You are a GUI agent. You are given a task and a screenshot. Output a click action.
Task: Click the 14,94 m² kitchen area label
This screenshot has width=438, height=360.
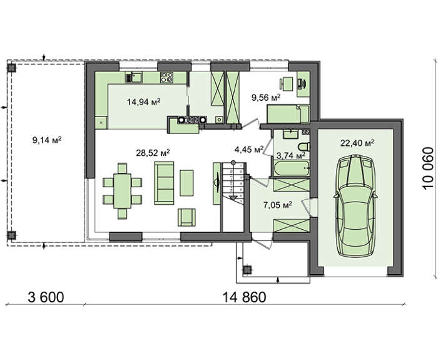(x=143, y=101)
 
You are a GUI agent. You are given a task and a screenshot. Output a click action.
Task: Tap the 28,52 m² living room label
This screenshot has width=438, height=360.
(x=153, y=153)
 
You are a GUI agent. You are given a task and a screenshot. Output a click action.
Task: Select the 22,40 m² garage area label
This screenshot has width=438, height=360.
(x=357, y=143)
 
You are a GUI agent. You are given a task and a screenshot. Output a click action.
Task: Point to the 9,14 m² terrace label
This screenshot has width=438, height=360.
(x=47, y=140)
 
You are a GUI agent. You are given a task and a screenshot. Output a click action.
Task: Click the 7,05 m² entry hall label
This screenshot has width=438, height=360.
(x=278, y=205)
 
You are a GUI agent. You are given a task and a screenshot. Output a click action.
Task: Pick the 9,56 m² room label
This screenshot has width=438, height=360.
(x=266, y=98)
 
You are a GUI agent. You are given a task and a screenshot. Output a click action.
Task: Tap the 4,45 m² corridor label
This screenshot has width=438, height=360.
(x=249, y=150)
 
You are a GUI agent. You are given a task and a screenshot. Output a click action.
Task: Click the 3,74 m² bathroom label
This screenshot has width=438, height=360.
(x=291, y=155)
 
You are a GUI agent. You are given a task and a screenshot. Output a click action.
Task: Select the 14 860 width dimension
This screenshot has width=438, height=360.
(x=244, y=297)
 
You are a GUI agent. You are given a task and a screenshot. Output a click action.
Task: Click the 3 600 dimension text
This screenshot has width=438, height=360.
(x=46, y=297)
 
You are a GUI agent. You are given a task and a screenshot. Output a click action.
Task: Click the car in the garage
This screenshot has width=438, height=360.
(x=355, y=205)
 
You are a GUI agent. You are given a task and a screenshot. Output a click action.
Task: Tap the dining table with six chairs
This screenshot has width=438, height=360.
(x=123, y=191)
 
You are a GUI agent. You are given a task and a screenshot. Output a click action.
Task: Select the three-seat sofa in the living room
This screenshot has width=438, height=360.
(x=164, y=183)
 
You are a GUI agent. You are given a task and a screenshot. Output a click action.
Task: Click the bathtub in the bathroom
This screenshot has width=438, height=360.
(x=292, y=168)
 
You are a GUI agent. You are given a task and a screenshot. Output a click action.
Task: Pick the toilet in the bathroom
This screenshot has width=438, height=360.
(x=304, y=147)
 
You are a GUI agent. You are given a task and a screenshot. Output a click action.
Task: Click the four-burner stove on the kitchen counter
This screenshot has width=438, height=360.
(x=166, y=78)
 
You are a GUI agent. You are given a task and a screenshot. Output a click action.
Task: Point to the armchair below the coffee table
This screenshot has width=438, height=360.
(x=186, y=217)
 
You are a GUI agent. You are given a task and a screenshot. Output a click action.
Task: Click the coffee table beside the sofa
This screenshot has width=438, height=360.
(x=186, y=183)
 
